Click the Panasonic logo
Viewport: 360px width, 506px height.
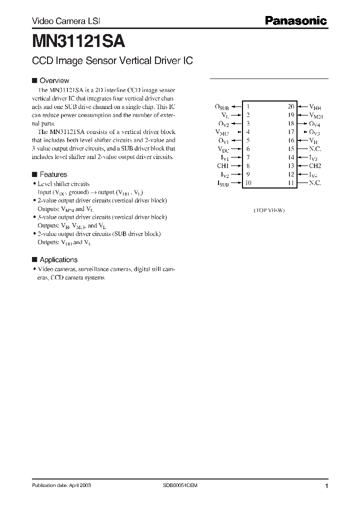tap(296, 21)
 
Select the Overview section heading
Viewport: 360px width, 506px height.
tap(54, 80)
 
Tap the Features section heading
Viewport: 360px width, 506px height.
tap(53, 174)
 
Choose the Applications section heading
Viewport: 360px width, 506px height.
tap(58, 259)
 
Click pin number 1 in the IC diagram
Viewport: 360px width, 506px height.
tap(248, 106)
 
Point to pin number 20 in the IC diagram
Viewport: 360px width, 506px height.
tap(291, 106)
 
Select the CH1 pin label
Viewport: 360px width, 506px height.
tap(222, 166)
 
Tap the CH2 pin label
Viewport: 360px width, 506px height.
tap(315, 166)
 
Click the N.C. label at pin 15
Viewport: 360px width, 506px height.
tap(315, 149)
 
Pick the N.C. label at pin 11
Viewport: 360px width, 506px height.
tap(315, 183)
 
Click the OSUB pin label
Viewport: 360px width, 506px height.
tap(222, 107)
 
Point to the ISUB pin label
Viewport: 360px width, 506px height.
tap(223, 183)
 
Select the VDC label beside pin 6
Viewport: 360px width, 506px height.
tap(223, 149)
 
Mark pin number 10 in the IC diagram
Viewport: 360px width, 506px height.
tap(248, 183)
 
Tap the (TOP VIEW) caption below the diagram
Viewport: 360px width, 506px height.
tap(269, 210)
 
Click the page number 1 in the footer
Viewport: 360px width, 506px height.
tap(326, 486)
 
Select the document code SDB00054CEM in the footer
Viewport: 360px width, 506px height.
tap(180, 485)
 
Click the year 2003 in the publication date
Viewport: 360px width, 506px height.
tap(85, 485)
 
